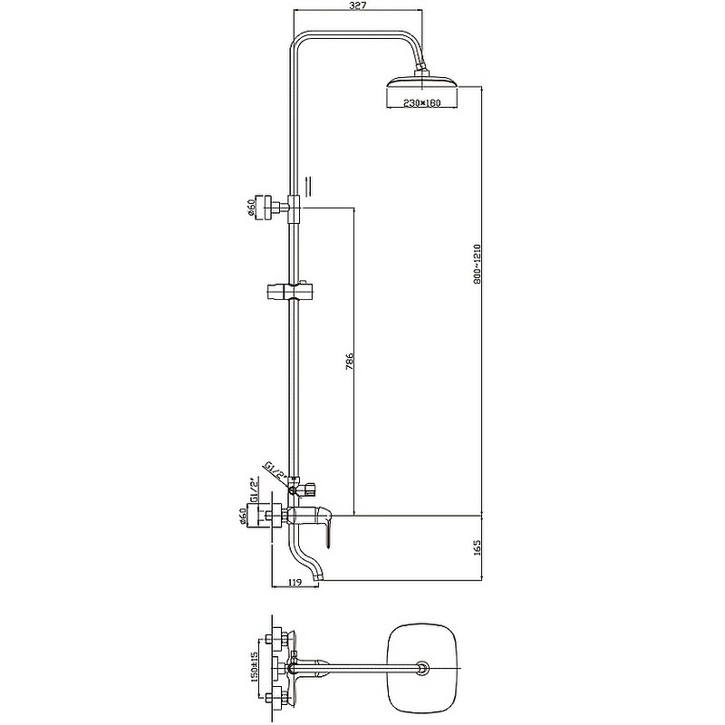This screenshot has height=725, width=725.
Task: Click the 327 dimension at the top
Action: (x=358, y=7)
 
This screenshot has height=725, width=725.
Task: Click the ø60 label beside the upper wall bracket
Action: (x=249, y=208)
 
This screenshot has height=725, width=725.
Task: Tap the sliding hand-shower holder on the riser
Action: (x=289, y=292)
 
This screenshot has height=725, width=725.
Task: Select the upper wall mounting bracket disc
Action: (x=266, y=208)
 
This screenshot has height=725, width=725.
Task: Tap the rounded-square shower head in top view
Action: (x=422, y=670)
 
